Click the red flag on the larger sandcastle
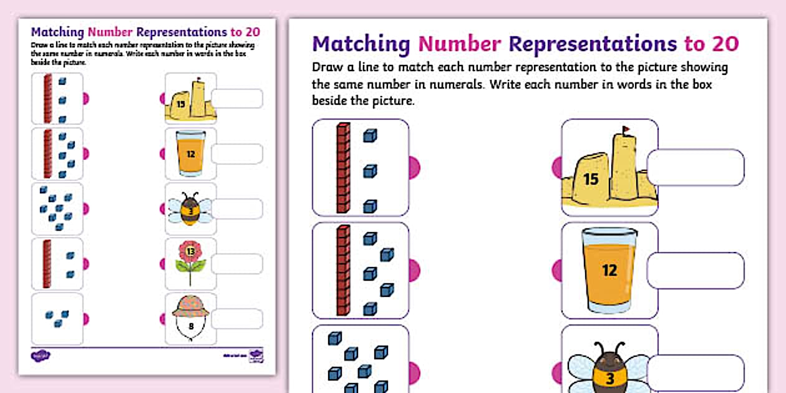626,131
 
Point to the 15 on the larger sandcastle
590,180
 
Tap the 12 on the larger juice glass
609,270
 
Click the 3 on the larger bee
609,378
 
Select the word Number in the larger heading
460,44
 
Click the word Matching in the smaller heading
58,32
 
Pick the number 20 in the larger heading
724,44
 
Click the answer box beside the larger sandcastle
696,168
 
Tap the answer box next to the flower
237,264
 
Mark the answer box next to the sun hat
237,319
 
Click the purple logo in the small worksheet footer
41,356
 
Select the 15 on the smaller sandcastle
181,104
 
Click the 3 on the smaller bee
190,210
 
